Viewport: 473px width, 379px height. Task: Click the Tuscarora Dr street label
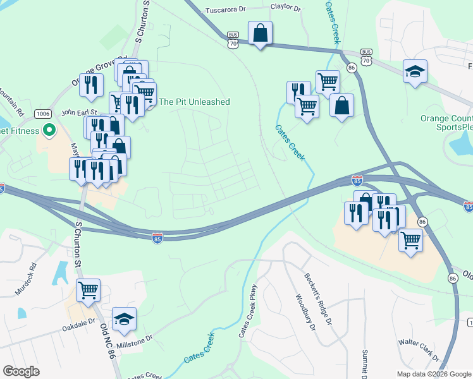tap(227, 11)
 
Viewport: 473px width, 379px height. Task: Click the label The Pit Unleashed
tap(194, 102)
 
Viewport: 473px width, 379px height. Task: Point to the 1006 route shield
tap(43, 114)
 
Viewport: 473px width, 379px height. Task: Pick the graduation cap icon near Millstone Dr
tap(125, 320)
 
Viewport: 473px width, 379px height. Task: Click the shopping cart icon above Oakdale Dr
tap(89, 291)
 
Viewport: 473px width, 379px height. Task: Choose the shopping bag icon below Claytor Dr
tap(260, 33)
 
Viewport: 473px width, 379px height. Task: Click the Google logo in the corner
tap(21, 371)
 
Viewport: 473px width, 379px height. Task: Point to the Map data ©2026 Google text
tap(433, 374)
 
